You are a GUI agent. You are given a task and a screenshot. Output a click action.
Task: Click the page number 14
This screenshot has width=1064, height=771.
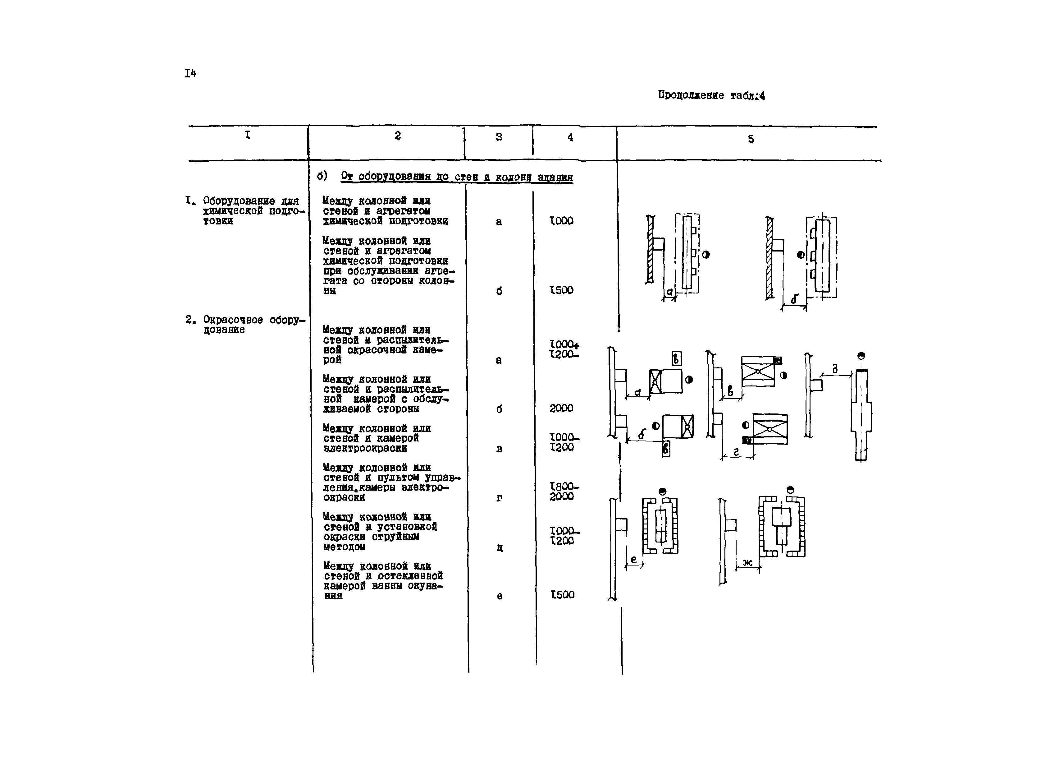tap(190, 73)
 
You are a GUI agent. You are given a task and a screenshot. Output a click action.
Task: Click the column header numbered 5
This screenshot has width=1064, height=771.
tap(751, 139)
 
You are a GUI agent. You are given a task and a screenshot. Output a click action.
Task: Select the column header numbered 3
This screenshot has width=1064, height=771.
tap(499, 137)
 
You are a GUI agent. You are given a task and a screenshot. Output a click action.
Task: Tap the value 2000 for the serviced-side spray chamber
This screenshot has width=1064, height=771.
tap(562, 408)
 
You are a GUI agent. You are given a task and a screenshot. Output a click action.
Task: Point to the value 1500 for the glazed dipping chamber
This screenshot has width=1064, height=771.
tap(562, 594)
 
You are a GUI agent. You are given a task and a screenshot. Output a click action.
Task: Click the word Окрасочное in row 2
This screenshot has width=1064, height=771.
tap(233, 320)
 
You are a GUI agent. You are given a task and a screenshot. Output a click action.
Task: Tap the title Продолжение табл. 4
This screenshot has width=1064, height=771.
tap(711, 95)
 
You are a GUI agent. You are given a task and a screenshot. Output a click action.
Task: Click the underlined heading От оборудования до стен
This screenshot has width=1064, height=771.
tap(456, 177)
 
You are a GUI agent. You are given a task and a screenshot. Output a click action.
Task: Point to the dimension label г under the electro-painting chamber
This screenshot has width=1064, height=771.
tap(736, 452)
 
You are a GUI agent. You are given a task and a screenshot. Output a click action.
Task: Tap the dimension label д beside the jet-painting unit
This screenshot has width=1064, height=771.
tap(835, 369)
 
